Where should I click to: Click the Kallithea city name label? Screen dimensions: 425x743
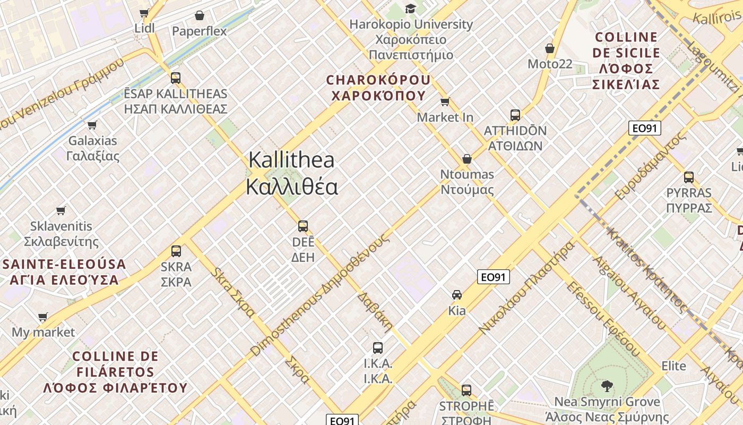click(x=291, y=173)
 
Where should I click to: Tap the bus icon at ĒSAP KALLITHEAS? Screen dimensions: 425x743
click(x=176, y=78)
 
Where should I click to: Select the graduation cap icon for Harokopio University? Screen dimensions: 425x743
click(x=410, y=8)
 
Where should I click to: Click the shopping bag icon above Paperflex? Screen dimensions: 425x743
click(x=200, y=15)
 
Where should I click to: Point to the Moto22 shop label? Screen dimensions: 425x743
click(x=550, y=64)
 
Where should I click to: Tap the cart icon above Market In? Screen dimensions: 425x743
click(x=445, y=101)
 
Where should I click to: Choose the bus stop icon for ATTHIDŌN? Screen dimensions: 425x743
click(x=515, y=115)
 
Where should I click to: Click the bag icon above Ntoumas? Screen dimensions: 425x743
click(x=467, y=159)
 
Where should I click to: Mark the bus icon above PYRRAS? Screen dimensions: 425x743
click(x=689, y=177)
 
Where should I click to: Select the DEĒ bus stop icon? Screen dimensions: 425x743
click(x=303, y=226)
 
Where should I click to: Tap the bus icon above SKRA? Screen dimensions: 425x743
click(x=176, y=251)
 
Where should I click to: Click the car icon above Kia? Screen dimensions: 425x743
click(x=456, y=294)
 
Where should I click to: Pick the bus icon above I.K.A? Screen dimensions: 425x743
click(x=378, y=348)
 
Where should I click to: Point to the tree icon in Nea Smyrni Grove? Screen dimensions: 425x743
click(x=607, y=386)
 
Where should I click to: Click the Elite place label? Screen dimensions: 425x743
click(x=673, y=366)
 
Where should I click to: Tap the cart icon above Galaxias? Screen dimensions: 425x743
click(x=92, y=125)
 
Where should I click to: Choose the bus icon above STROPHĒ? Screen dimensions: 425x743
click(x=466, y=390)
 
